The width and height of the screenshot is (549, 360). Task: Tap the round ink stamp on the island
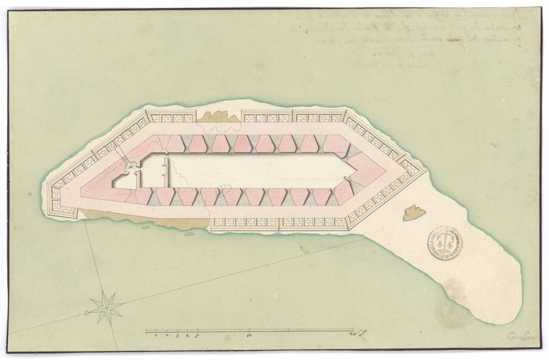point(445,243)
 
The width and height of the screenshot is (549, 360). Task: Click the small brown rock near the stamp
point(413,212)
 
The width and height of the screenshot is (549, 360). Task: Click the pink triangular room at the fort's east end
point(366,170)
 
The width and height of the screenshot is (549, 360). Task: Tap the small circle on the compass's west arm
point(87,312)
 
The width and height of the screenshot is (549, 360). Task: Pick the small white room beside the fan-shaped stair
point(127,180)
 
